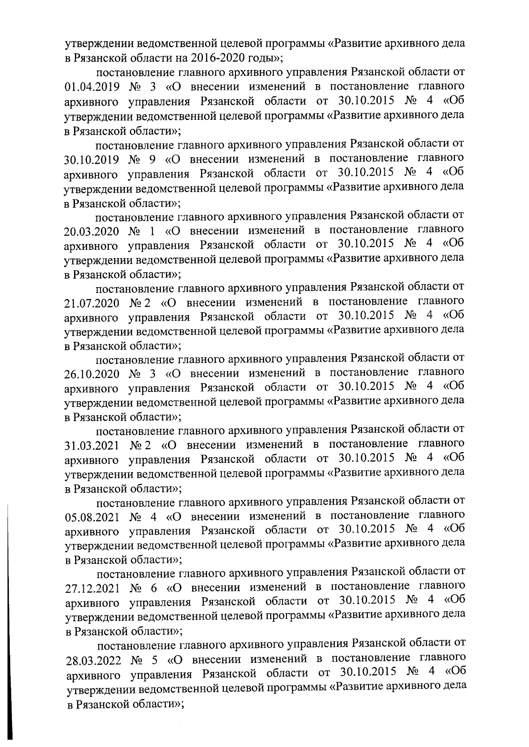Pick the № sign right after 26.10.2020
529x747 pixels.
(x=134, y=374)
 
